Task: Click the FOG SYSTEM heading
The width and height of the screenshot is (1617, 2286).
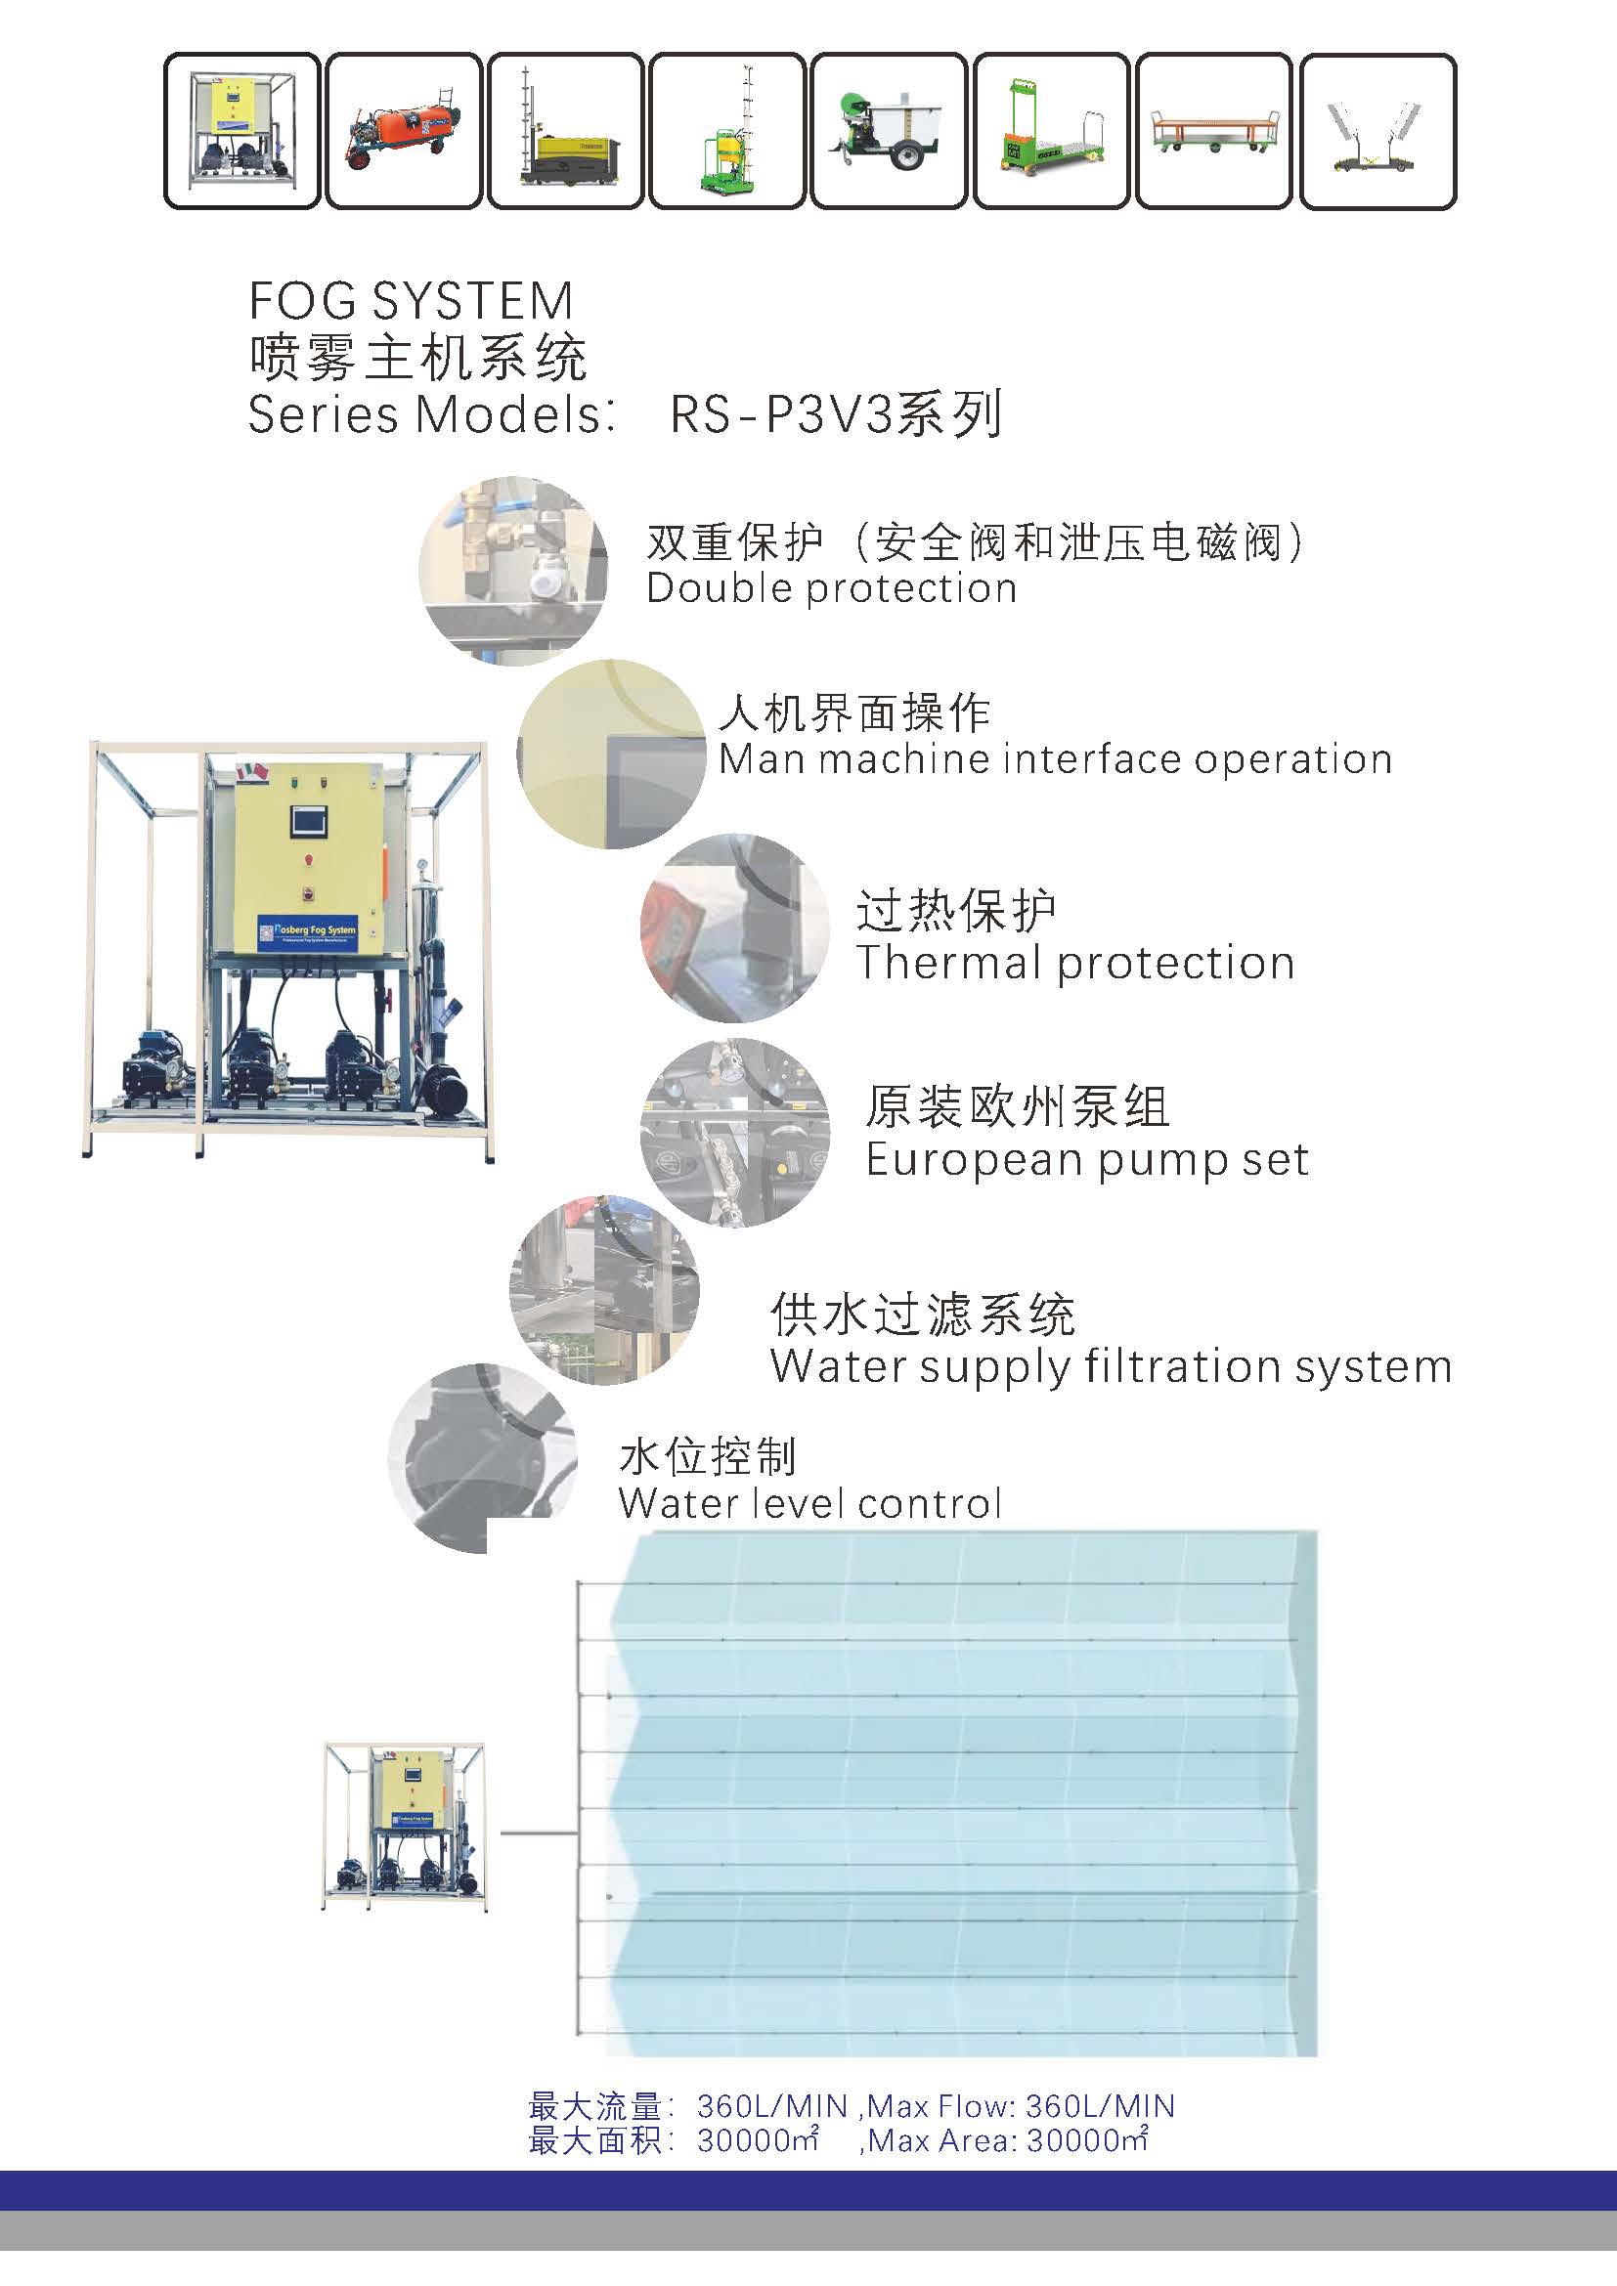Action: pos(411,301)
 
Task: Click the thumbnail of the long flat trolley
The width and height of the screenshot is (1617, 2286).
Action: pos(1214,131)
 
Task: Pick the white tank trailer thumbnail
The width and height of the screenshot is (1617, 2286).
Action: pos(889,131)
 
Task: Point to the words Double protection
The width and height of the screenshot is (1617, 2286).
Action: pos(831,588)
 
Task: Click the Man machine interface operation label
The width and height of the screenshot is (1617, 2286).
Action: pos(1055,759)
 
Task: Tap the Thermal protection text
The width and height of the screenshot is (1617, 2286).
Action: pos(1075,963)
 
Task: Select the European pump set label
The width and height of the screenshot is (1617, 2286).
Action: pos(1086,1160)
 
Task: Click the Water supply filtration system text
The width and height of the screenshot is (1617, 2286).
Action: pos(1111,1366)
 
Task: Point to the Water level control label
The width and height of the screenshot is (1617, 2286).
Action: pos(809,1503)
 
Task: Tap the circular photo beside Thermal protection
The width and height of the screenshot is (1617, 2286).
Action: pos(735,927)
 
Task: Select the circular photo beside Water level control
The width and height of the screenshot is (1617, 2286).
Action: pos(483,1457)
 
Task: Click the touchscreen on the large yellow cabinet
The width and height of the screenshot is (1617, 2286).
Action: pos(307,821)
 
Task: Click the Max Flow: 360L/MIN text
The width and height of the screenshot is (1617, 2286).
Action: pos(1021,2107)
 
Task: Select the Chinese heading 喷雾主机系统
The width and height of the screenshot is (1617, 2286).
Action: pos(417,359)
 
